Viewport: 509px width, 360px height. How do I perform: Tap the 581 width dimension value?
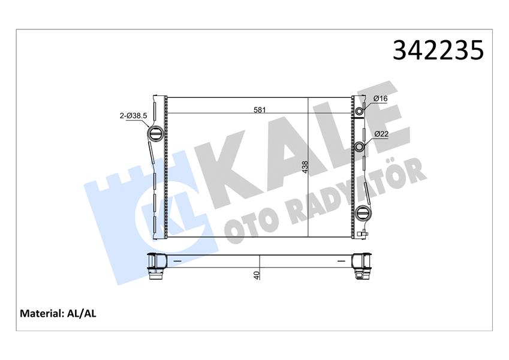(260, 109)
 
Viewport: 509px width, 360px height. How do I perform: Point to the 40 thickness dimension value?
(256, 275)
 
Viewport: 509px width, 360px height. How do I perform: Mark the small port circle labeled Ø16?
(360, 112)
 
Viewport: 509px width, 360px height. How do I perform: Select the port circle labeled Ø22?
(360, 148)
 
